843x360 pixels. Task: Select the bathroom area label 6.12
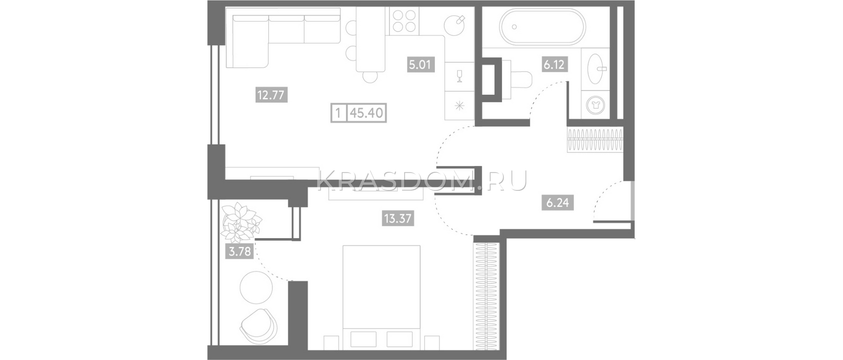coord(554,64)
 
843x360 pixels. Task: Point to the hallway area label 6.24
coord(558,203)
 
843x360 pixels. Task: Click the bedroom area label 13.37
coord(398,218)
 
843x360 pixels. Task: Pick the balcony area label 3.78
coord(240,251)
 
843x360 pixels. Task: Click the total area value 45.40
coord(367,113)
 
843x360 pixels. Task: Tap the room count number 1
coord(338,113)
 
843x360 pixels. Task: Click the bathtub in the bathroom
coord(542,27)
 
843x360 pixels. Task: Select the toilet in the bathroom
coord(517,80)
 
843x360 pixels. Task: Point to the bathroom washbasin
coord(596,69)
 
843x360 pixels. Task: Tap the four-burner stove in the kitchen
coord(404,21)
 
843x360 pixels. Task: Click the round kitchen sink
coord(455,25)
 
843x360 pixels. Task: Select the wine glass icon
coord(459,76)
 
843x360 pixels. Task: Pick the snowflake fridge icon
coord(459,106)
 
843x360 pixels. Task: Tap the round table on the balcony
coord(256,288)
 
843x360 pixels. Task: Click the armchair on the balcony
coord(259,326)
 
